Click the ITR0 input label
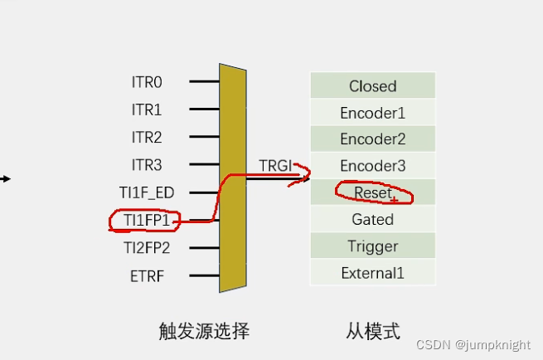pos(147,82)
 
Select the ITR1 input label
pos(147,109)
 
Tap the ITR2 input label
pos(147,137)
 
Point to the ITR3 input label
pos(147,164)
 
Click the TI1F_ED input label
pos(147,192)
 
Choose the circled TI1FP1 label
pos(146,220)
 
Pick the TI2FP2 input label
pos(146,247)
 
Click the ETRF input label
pos(147,275)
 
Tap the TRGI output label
pos(274,165)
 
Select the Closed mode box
pos(372,86)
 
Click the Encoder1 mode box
pos(372,113)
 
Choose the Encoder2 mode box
pos(372,139)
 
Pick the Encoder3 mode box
pos(372,166)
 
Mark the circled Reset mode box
pos(372,192)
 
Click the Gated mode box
pos(372,220)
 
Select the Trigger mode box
pos(372,246)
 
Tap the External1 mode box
pos(372,273)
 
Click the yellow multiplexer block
pos(233,178)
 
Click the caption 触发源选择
pos(204,332)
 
